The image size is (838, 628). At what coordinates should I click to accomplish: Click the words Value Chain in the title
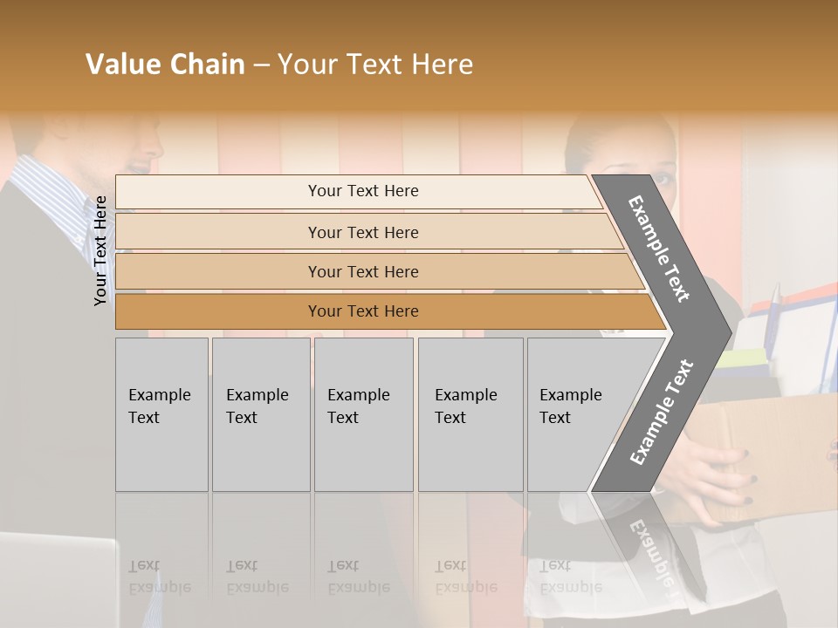click(165, 65)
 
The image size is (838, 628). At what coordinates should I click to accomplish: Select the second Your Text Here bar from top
click(363, 232)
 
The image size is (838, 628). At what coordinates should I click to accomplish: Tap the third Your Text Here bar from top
click(363, 271)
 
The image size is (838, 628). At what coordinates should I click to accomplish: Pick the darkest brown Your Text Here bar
click(363, 311)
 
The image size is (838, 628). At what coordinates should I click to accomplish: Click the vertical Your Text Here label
click(100, 250)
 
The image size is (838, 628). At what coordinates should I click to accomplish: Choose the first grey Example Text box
click(161, 413)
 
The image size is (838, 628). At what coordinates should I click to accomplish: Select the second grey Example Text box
click(260, 413)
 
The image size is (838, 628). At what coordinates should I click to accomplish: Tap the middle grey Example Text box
click(363, 413)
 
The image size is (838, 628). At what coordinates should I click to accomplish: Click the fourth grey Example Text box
click(471, 413)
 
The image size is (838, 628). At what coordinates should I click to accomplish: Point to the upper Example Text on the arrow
click(659, 249)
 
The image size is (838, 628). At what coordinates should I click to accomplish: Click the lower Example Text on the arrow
click(661, 413)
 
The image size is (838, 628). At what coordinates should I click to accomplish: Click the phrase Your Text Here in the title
click(375, 65)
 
